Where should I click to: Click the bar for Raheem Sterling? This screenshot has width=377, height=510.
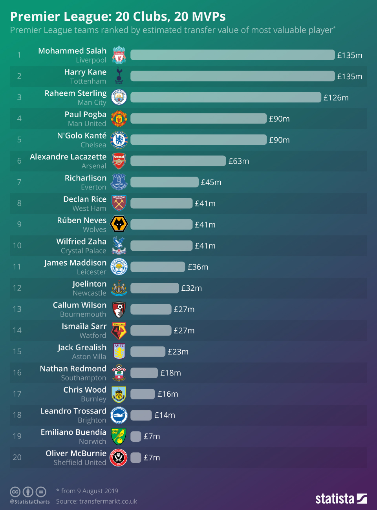tap(225, 97)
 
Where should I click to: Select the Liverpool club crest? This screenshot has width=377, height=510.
tap(119, 55)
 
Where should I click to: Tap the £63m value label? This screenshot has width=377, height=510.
tap(239, 161)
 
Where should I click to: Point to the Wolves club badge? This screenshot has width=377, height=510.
tap(119, 224)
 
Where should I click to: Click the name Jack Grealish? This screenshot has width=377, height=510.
tap(82, 348)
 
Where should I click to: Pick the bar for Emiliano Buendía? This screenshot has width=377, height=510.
tap(135, 436)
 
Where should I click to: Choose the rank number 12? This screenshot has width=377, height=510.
tap(17, 288)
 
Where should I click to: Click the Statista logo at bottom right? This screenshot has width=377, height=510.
tap(341, 499)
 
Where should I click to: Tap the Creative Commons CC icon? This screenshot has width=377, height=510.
tap(15, 492)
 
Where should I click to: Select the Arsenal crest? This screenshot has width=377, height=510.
tap(119, 161)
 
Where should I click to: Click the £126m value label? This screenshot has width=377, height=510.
tap(336, 98)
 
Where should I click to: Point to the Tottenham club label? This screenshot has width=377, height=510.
tap(88, 81)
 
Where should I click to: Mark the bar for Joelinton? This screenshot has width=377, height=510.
tap(154, 288)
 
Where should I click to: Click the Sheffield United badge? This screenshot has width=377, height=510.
tap(119, 457)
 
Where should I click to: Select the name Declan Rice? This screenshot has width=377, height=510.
tap(85, 199)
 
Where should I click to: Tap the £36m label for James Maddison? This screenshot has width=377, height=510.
tap(198, 267)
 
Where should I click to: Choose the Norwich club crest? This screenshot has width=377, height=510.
tap(119, 436)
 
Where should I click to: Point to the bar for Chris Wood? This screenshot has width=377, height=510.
tap(143, 394)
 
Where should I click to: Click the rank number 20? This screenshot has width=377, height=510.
tap(17, 457)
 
